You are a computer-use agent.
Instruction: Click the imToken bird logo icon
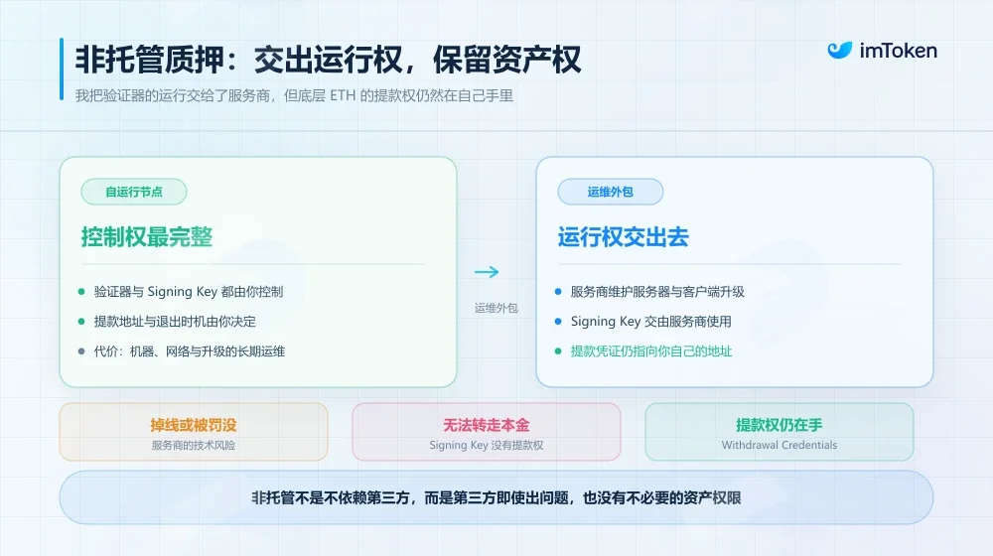(840, 50)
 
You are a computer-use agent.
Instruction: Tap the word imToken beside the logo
(898, 51)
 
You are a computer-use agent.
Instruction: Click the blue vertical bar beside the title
(62, 69)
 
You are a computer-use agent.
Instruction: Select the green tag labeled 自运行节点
(134, 192)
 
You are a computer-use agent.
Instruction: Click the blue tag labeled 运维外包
(611, 192)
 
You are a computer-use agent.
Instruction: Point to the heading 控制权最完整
(147, 237)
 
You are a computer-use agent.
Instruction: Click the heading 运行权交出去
(624, 237)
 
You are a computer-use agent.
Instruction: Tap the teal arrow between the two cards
(487, 272)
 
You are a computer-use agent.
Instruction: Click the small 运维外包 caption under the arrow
(496, 308)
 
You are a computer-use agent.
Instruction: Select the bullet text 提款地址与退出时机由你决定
(175, 321)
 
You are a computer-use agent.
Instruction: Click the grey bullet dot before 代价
(81, 350)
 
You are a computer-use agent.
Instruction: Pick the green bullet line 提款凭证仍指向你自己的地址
(651, 350)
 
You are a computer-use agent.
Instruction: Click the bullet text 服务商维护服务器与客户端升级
(657, 291)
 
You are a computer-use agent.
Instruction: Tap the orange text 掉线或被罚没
(194, 425)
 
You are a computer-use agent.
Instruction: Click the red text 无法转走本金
(487, 425)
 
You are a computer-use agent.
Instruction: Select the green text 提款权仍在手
(779, 425)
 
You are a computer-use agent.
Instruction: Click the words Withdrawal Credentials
(779, 445)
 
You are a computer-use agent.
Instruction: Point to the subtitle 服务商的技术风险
(194, 445)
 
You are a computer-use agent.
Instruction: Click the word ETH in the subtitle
(343, 95)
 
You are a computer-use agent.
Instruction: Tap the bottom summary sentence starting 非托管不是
(496, 497)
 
